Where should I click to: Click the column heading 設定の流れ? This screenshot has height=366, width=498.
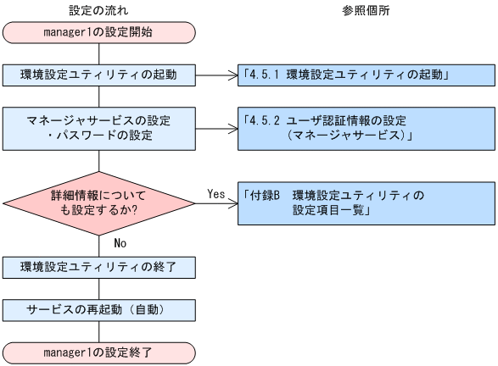pos(98,10)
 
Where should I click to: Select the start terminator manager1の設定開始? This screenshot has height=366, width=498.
pos(99,33)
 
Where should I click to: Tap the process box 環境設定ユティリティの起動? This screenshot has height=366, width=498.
pos(99,75)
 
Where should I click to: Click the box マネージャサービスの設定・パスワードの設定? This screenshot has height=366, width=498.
pos(99,127)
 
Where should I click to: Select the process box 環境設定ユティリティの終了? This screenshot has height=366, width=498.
pos(99,268)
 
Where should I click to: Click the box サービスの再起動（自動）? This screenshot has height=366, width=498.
pos(99,308)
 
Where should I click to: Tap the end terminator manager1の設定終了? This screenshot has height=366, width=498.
pos(99,350)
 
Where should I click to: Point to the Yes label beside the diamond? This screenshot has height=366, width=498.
pos(215,193)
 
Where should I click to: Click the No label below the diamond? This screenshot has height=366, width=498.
pos(121,242)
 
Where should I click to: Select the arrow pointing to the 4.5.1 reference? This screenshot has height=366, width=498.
pos(217,75)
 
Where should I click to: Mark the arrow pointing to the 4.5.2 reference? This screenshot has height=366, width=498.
pos(217,127)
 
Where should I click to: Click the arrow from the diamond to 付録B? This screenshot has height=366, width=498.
pos(217,202)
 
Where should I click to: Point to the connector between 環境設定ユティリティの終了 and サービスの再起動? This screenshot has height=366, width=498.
pos(99,288)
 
